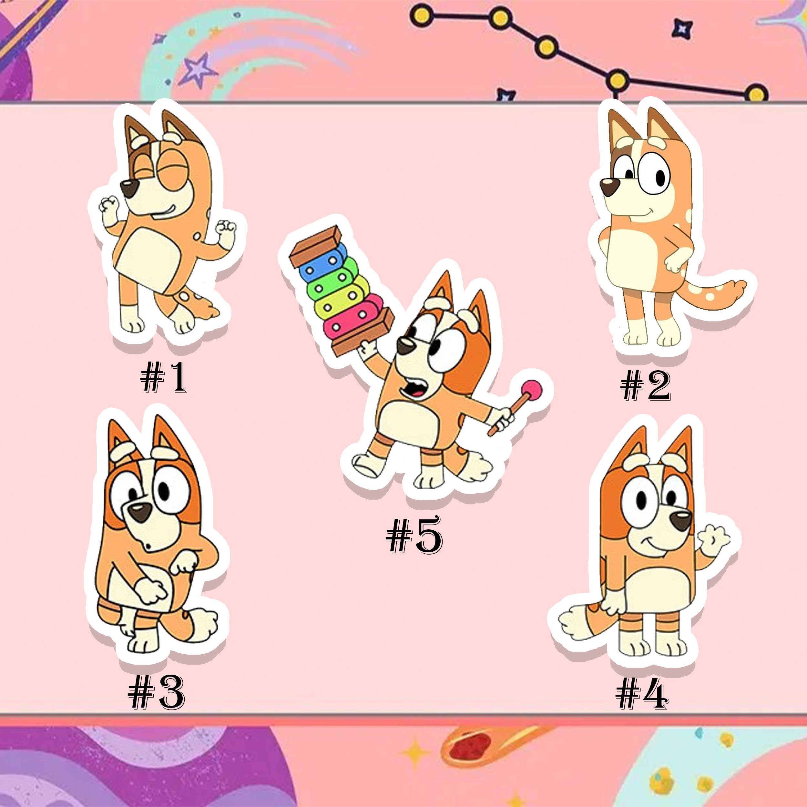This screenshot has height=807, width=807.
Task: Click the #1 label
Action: pos(163,378)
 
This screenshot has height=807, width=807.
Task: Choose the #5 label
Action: pos(414,534)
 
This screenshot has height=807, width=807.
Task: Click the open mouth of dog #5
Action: pos(414,391)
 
